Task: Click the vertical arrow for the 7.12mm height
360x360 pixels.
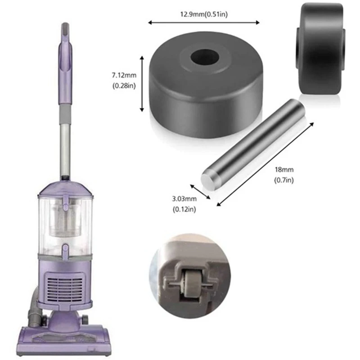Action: tap(142, 83)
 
